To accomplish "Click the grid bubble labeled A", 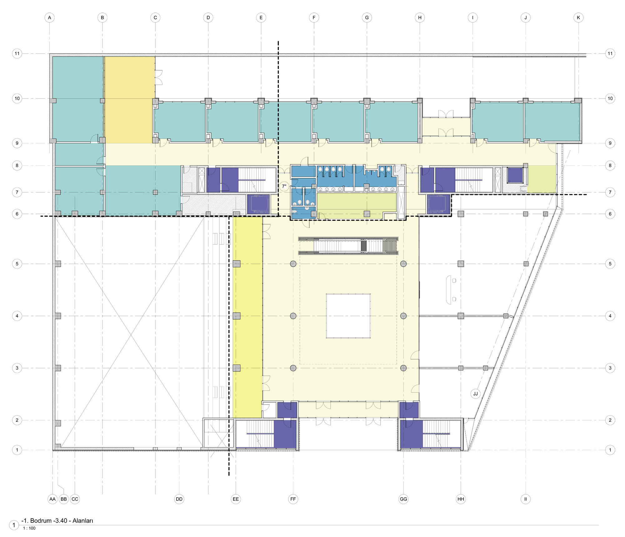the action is pyautogui.click(x=49, y=17).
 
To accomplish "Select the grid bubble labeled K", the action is pyautogui.click(x=578, y=17).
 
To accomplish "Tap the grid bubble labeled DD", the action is pyautogui.click(x=179, y=499).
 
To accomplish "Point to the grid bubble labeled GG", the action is pyautogui.click(x=403, y=499).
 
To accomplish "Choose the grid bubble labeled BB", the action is pyautogui.click(x=64, y=499).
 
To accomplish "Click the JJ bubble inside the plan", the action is pyautogui.click(x=476, y=394).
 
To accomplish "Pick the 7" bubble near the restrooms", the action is pyautogui.click(x=284, y=186).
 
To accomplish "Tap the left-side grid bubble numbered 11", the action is pyautogui.click(x=17, y=53).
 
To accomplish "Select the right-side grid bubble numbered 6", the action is pyautogui.click(x=610, y=214).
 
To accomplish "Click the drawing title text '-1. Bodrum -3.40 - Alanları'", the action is pyautogui.click(x=57, y=520).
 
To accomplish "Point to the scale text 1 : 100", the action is pyautogui.click(x=29, y=528).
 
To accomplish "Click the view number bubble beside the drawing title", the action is pyautogui.click(x=14, y=525).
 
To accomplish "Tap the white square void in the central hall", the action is pyautogui.click(x=348, y=316).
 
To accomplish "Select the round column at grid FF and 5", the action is pyautogui.click(x=293, y=264).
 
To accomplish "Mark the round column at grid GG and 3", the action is pyautogui.click(x=403, y=368).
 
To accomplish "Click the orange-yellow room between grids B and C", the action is pyautogui.click(x=130, y=100).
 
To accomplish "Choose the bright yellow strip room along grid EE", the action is pyautogui.click(x=247, y=317).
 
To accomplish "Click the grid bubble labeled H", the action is pyautogui.click(x=420, y=17).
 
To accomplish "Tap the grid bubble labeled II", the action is pyautogui.click(x=526, y=499).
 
